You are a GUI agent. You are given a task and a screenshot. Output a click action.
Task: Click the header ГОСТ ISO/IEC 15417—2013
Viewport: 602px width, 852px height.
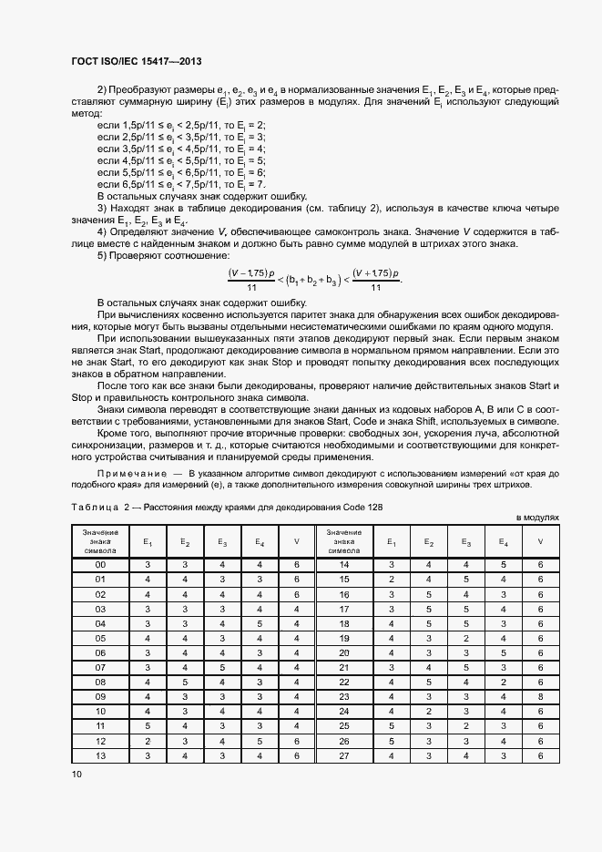[x=136, y=61]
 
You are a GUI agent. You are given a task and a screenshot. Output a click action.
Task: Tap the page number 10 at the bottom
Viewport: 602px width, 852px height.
[x=77, y=774]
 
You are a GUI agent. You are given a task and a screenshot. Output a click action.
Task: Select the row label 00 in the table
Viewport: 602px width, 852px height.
[x=100, y=565]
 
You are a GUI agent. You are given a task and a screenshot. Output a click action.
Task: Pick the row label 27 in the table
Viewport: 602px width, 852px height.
[x=344, y=755]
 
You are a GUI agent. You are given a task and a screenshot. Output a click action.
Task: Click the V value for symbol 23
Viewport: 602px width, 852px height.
[x=540, y=697]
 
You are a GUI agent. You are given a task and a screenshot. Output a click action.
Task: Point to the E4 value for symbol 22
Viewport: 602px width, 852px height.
[x=503, y=683]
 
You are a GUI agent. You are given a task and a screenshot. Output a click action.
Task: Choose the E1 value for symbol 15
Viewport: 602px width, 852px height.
[x=391, y=580]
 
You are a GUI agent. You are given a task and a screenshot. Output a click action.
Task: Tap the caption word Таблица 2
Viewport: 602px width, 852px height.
[x=97, y=507]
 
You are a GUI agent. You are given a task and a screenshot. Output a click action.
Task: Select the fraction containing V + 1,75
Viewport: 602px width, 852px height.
[x=375, y=279]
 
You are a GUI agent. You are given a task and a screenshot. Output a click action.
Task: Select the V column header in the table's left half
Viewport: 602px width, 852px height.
[x=296, y=541]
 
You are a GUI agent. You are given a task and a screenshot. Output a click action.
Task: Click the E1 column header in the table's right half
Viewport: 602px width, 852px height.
[x=391, y=541]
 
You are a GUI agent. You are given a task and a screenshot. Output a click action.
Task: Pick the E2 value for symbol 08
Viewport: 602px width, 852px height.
[x=184, y=683]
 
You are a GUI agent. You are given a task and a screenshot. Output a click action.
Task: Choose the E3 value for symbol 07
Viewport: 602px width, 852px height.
[x=221, y=668]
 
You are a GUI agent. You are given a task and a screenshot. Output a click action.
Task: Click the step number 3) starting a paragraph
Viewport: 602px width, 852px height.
[x=103, y=208]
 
